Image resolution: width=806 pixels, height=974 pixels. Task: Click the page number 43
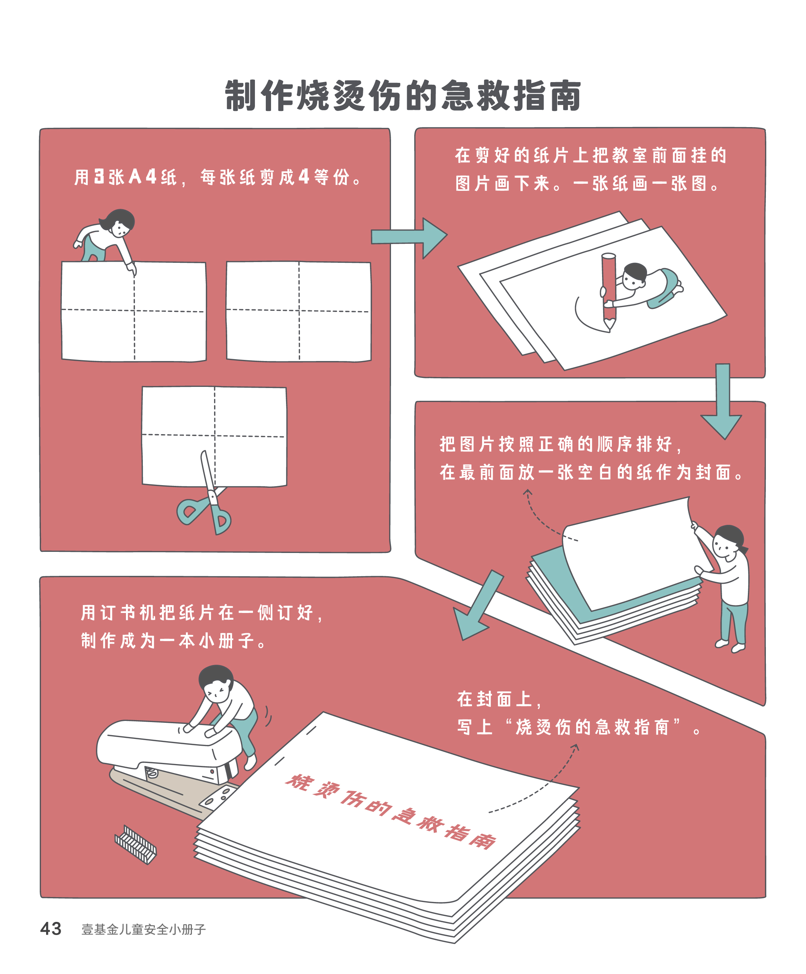[51, 929]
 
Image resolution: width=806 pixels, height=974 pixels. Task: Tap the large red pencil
[608, 291]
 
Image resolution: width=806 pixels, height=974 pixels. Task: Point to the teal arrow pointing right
[409, 238]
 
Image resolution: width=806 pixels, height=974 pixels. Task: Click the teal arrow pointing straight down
[721, 401]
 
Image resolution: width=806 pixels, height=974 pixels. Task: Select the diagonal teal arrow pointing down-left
[478, 605]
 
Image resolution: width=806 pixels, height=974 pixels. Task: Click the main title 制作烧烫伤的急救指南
[403, 96]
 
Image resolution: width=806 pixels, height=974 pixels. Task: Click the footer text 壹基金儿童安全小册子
[144, 929]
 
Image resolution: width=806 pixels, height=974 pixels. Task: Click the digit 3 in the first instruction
[99, 176]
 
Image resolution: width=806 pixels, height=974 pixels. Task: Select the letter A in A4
[135, 176]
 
